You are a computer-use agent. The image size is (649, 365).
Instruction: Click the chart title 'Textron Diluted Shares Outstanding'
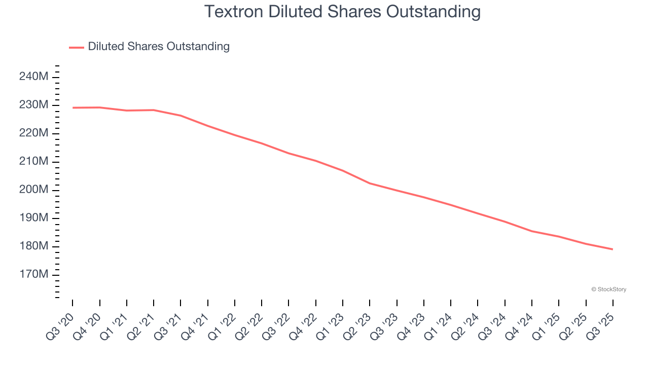tap(342, 12)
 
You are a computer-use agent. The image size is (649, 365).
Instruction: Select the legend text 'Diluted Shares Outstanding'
tap(159, 47)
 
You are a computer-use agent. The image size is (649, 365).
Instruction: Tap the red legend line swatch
tap(77, 47)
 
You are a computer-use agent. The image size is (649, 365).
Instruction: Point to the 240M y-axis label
tap(33, 77)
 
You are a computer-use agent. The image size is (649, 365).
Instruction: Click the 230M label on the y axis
tap(33, 105)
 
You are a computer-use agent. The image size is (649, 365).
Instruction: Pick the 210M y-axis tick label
tap(33, 161)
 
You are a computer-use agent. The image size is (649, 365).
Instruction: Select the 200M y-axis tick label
tap(33, 190)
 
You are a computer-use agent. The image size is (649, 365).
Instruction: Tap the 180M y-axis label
tap(33, 246)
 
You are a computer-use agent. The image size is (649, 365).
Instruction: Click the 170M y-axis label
tap(33, 275)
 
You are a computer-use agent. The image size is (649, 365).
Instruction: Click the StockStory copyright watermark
tap(608, 289)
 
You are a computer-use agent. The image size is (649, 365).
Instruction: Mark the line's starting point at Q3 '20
tap(73, 107)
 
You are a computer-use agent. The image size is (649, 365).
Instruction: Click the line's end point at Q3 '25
tap(613, 249)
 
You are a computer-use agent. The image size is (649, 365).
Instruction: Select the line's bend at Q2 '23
tap(370, 183)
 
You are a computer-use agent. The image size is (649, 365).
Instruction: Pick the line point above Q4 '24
tap(532, 231)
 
